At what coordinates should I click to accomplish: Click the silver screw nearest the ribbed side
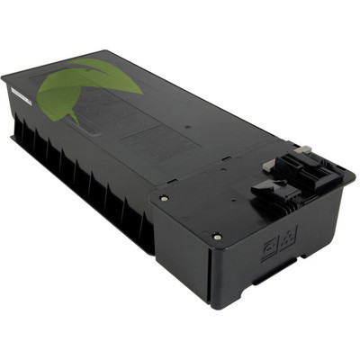(163, 198)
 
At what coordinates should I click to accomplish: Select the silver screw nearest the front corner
(218, 235)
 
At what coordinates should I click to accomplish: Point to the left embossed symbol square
(267, 244)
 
